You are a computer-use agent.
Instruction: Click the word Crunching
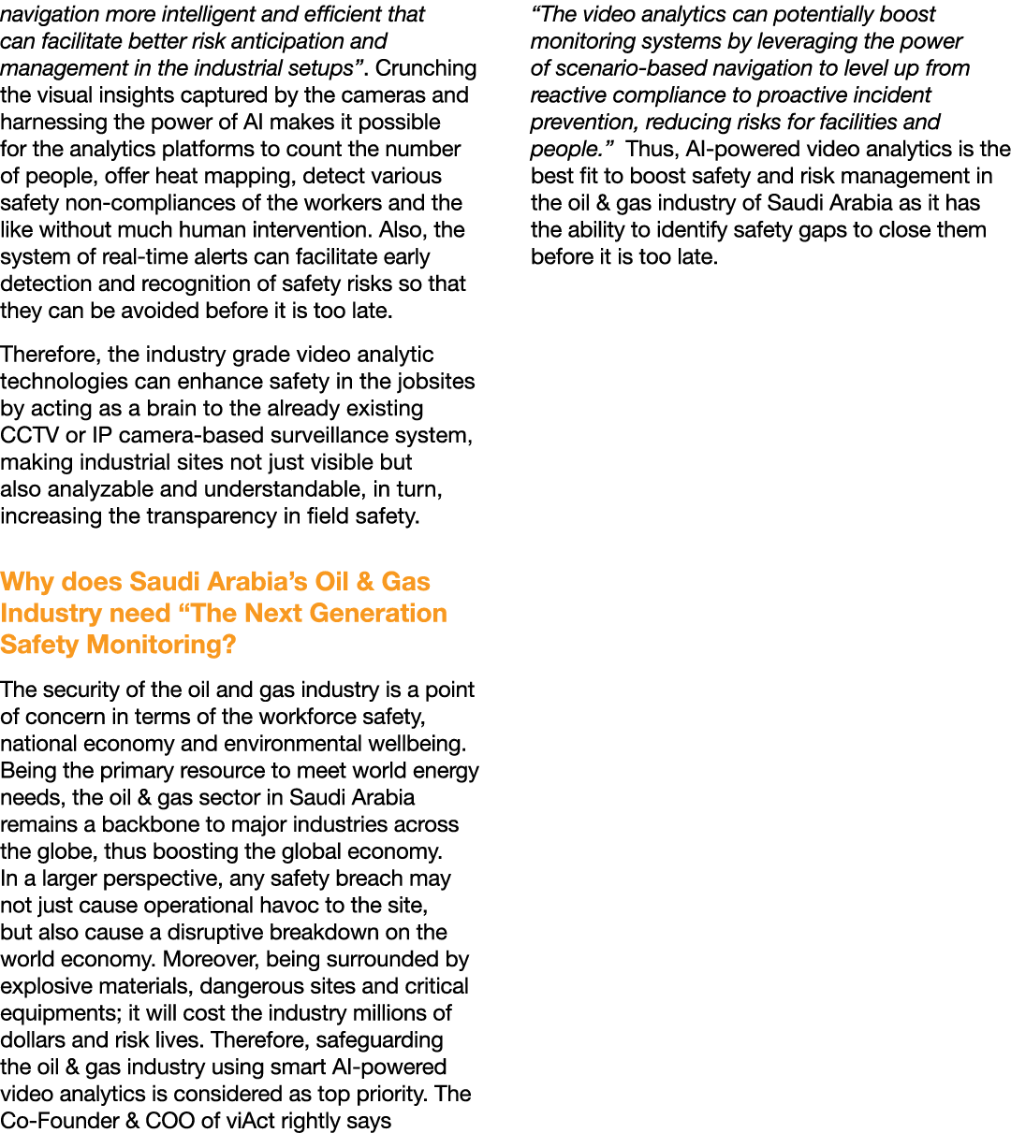pos(426,69)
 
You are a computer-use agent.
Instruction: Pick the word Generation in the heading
pos(378,613)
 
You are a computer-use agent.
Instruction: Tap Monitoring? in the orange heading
pos(161,645)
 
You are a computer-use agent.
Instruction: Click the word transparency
pos(212,516)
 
